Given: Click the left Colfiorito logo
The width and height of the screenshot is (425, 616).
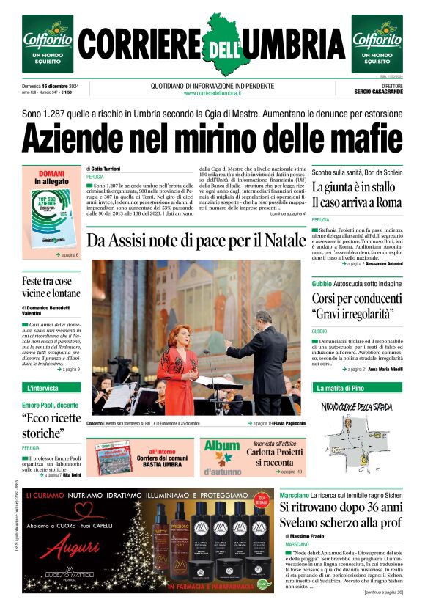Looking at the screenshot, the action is [x=47, y=44].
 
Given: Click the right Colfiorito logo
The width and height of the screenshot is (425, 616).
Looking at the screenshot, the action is [x=377, y=44].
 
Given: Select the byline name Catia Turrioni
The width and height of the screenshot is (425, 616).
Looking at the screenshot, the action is [x=111, y=169].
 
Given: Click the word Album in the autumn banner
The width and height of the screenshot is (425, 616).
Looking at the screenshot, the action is [x=222, y=447].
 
